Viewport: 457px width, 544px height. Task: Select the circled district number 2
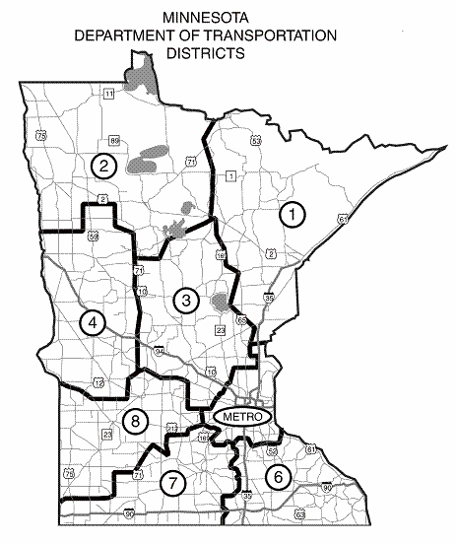[x=101, y=165]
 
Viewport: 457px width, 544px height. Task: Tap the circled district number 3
[x=184, y=299]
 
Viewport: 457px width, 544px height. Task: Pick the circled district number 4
[x=92, y=322]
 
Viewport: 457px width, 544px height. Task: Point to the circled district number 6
[x=279, y=476]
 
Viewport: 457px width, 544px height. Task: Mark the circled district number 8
[x=137, y=422]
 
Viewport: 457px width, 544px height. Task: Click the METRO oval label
[x=241, y=417]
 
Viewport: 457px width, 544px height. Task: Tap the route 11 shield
[x=108, y=93]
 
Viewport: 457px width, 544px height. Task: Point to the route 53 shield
[x=256, y=142]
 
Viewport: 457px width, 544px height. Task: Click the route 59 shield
[x=93, y=237]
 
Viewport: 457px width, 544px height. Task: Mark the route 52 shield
[x=272, y=450]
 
